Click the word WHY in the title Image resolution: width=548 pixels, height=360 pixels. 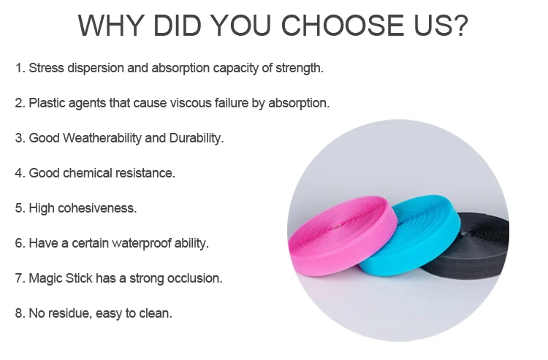[111, 25]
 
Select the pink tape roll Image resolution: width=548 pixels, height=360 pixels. [343, 236]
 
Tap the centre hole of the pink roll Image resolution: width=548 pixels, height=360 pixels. [337, 227]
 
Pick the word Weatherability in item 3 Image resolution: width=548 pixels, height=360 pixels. [102, 138]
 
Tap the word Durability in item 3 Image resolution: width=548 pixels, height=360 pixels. [197, 138]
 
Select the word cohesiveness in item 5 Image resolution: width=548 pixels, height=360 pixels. [97, 208]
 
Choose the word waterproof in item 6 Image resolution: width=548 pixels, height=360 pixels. [142, 243]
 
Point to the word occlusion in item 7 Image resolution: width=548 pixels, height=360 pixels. [194, 278]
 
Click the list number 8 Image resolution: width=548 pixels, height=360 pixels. [18, 313]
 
